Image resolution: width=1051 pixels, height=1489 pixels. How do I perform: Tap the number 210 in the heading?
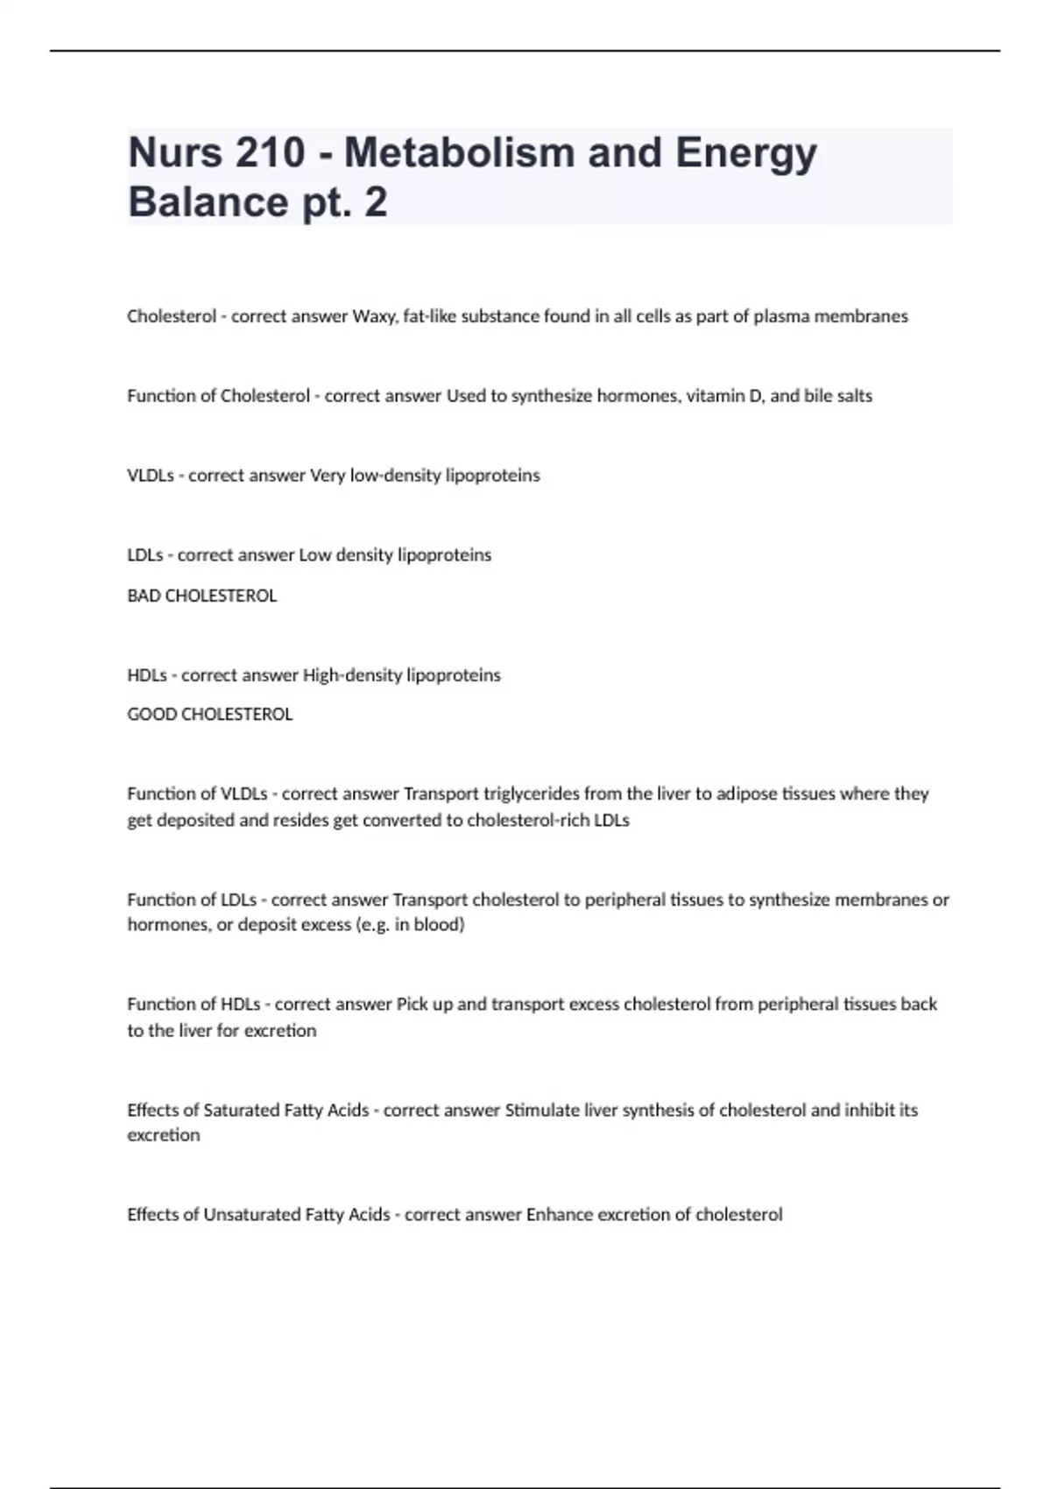(270, 153)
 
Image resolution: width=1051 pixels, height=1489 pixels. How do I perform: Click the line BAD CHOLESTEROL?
(201, 596)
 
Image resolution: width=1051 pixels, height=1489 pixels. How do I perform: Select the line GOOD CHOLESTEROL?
(209, 715)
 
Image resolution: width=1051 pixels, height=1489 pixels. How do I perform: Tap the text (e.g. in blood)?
(410, 925)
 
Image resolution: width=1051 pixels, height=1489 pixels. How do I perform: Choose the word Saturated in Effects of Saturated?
(242, 1110)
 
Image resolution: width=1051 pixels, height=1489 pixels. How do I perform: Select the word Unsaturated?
(251, 1215)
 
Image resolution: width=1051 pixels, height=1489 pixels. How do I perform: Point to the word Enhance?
(558, 1215)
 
